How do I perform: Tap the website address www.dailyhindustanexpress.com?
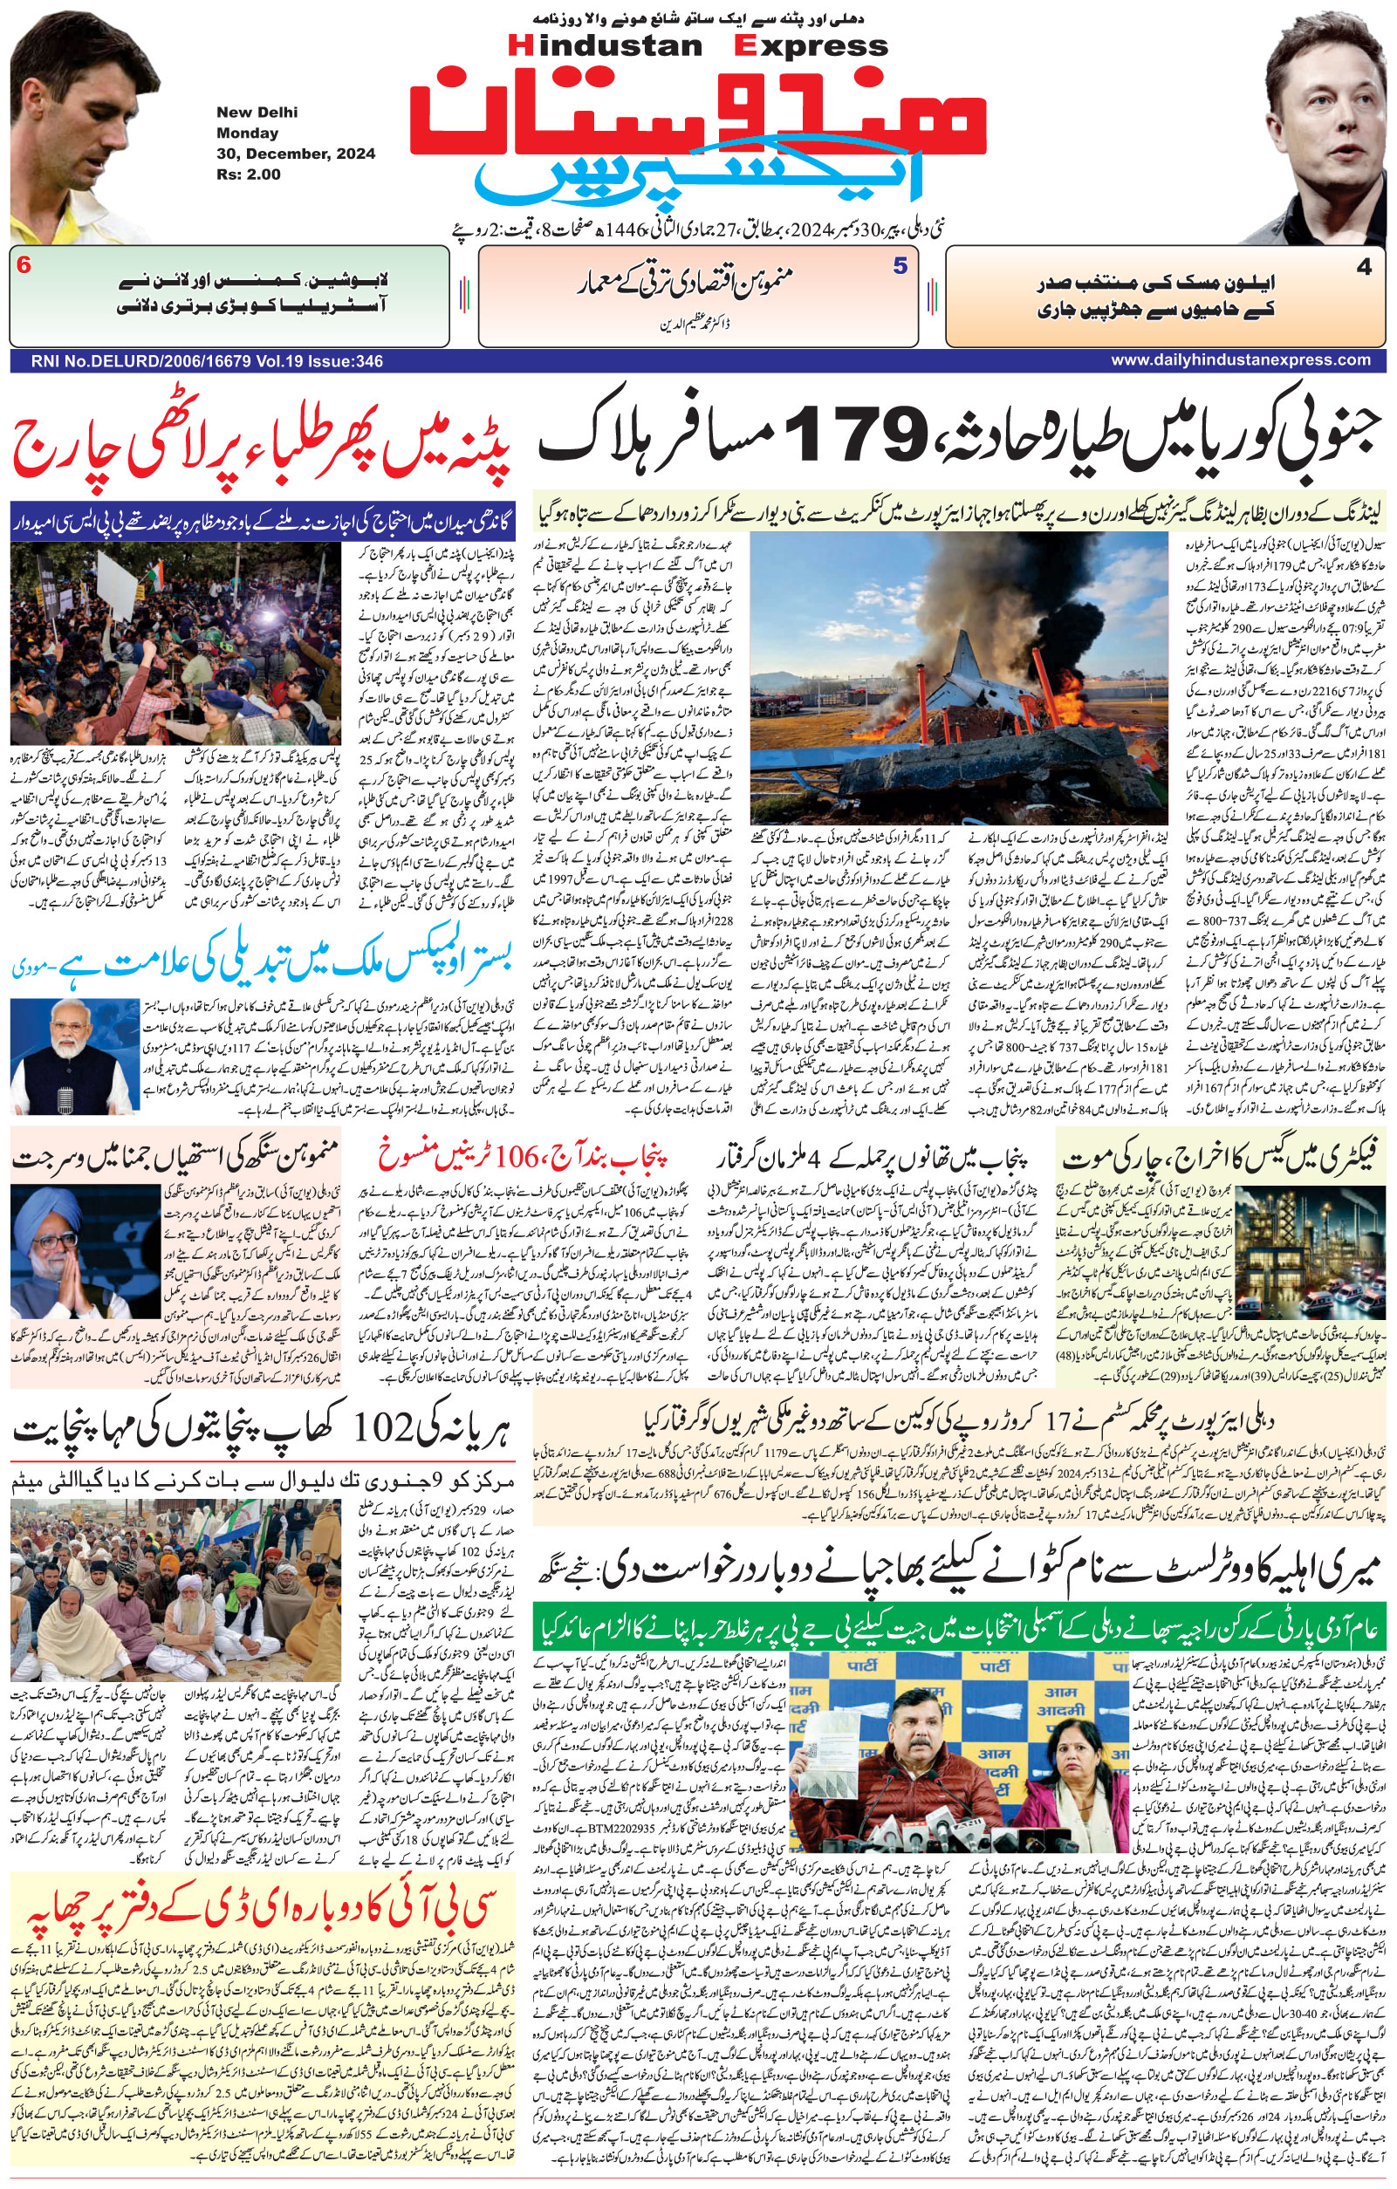point(1240,360)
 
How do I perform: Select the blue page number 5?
point(900,266)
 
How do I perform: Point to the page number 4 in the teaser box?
point(1363,267)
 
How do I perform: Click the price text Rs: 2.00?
point(248,174)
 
